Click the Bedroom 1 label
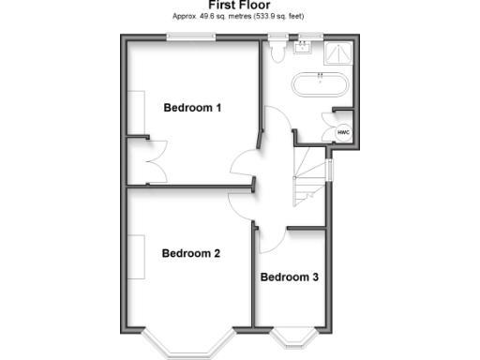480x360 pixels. click(x=192, y=108)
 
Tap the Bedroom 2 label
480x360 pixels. click(x=190, y=253)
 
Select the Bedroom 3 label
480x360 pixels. click(x=290, y=277)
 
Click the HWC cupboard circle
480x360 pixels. click(x=343, y=133)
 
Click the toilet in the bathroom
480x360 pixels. click(x=277, y=52)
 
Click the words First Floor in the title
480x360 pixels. click(x=239, y=6)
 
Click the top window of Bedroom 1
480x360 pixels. click(x=192, y=37)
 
